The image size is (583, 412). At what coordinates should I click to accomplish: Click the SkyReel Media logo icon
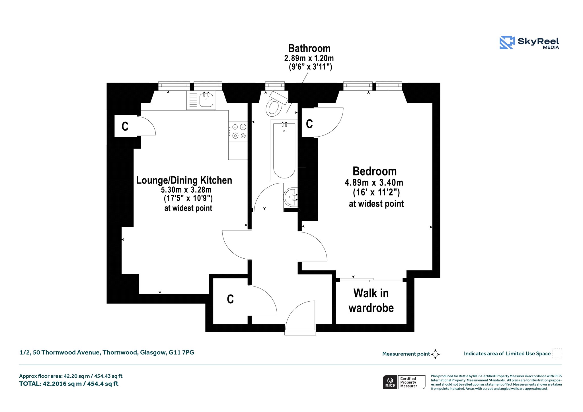tap(507, 42)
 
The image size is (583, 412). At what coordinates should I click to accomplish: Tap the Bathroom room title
tap(309, 48)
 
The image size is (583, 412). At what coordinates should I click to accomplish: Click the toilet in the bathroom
tap(276, 104)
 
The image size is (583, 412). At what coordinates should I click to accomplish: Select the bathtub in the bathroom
tap(284, 150)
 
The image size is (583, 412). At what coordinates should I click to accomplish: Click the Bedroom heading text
tap(375, 171)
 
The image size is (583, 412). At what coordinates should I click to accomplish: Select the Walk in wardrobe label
tap(371, 300)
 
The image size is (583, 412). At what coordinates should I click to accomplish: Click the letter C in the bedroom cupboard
tap(309, 124)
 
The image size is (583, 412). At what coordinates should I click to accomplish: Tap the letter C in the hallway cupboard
tap(230, 299)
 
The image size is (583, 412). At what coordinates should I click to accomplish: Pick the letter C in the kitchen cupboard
tap(125, 126)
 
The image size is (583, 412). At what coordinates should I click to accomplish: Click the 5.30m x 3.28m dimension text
tap(186, 190)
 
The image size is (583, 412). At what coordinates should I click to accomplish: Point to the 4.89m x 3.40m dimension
tap(374, 182)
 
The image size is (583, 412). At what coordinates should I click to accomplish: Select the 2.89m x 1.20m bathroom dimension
tap(309, 58)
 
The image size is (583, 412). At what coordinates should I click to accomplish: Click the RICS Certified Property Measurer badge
tap(404, 382)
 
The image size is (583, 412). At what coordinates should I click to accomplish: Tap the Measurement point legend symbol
tap(435, 354)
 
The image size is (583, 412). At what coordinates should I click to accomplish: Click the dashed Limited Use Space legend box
tap(557, 353)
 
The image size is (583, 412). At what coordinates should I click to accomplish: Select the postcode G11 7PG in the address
tap(181, 353)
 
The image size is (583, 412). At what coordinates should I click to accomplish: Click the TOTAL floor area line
tap(69, 384)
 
